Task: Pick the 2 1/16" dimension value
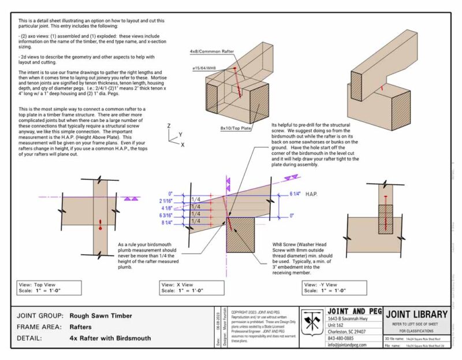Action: point(165,200)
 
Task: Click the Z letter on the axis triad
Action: point(167,125)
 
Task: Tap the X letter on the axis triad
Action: point(183,144)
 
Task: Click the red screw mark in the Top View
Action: point(101,222)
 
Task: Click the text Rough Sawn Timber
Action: point(101,316)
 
